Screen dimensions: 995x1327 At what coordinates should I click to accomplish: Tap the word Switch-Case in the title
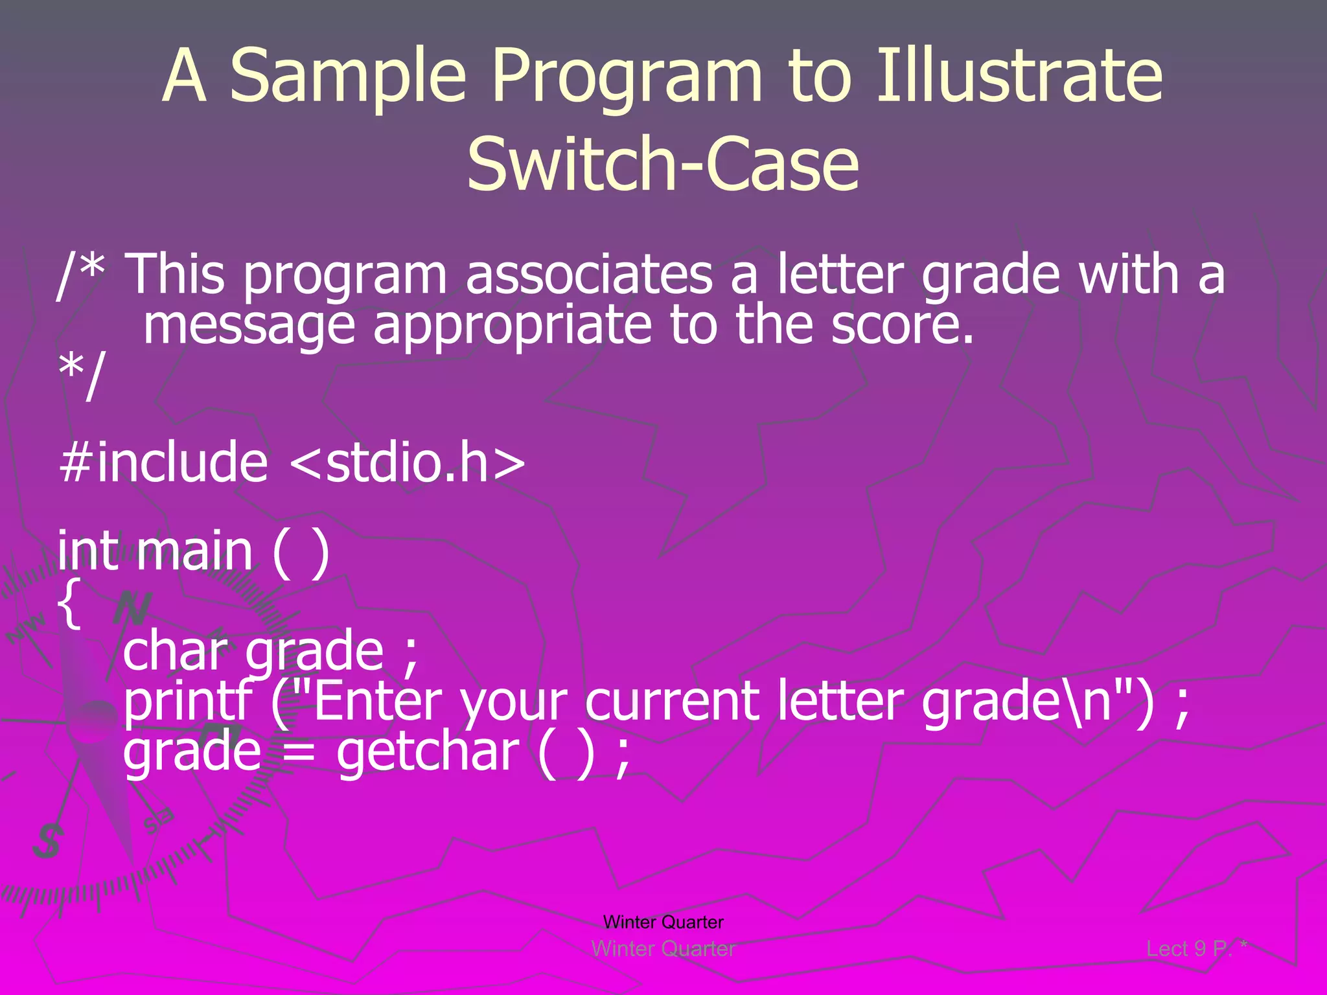click(x=663, y=165)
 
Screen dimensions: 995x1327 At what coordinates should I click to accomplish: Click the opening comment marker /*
click(x=81, y=275)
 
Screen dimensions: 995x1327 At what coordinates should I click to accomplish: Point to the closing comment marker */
click(x=81, y=376)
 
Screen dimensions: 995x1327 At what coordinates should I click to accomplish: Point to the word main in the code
click(x=194, y=551)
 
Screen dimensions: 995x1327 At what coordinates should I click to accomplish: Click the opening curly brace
click(x=69, y=604)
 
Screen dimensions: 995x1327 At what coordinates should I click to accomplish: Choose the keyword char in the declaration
click(x=176, y=651)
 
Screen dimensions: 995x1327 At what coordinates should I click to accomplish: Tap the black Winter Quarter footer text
click(x=663, y=922)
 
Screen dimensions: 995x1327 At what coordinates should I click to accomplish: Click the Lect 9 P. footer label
click(x=1190, y=949)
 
